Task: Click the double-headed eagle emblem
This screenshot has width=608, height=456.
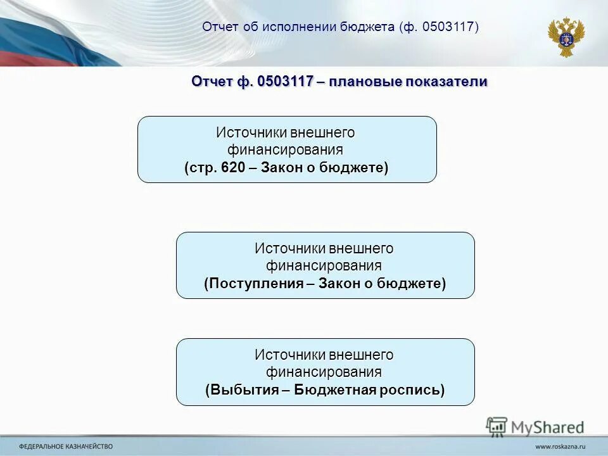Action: [x=566, y=37]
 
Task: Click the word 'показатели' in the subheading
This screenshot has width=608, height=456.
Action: [x=452, y=82]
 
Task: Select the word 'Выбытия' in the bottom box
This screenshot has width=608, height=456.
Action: [x=243, y=389]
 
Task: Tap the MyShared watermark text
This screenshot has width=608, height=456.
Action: [x=548, y=427]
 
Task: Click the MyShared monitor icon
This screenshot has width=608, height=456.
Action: [x=497, y=426]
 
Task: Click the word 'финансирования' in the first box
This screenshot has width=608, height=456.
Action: [x=286, y=150]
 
